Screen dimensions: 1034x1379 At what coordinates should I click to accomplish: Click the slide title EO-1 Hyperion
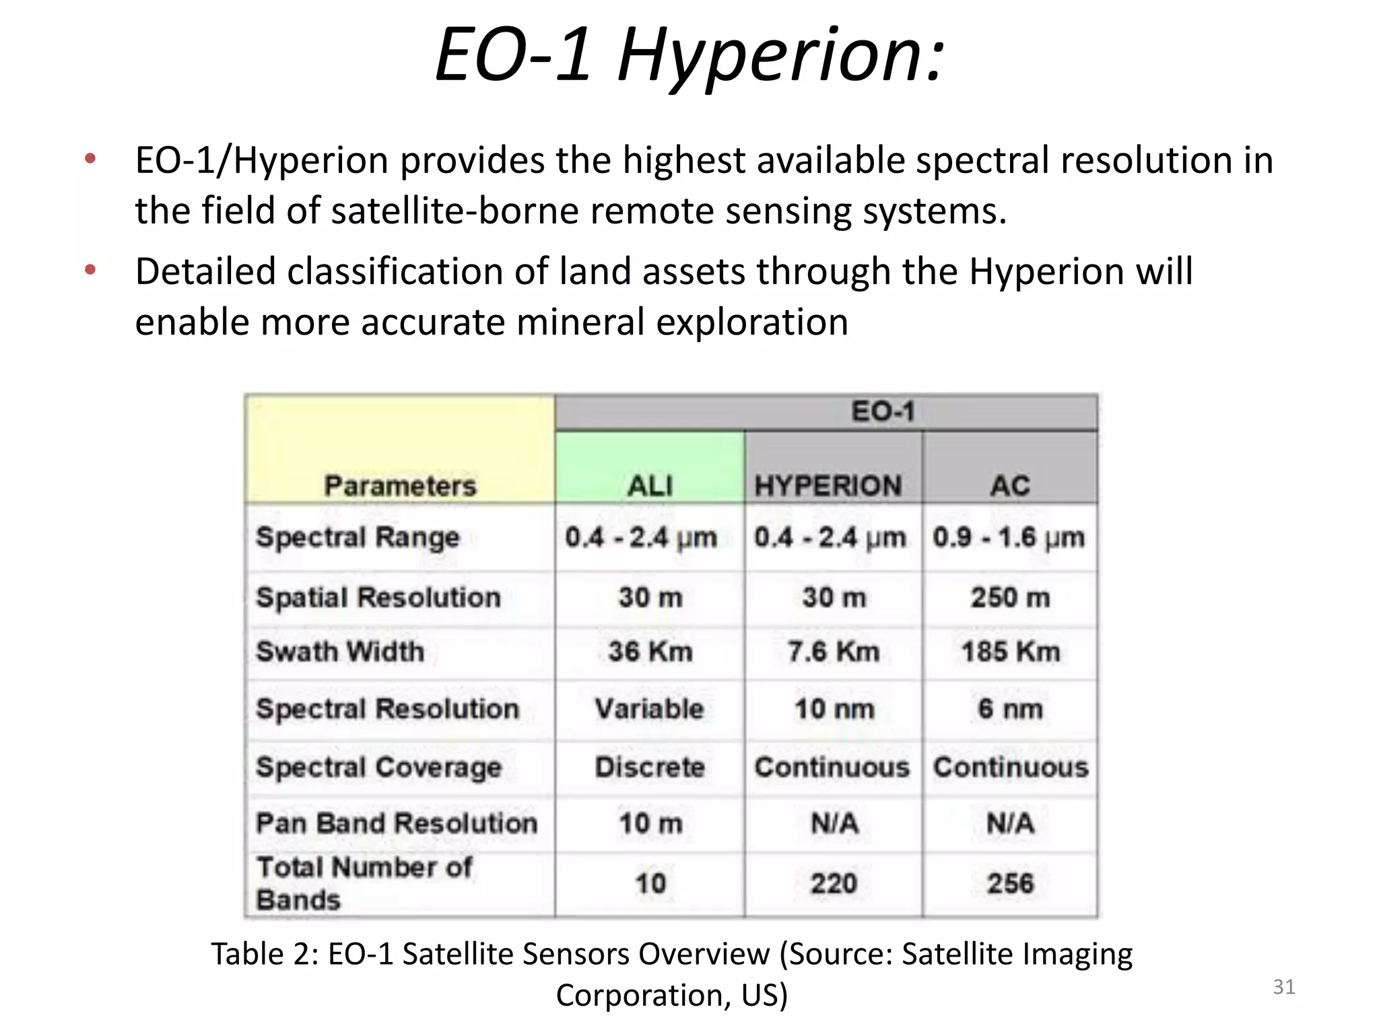(689, 55)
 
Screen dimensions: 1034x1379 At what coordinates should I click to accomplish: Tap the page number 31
(1283, 987)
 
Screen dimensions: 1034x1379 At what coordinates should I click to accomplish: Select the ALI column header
(650, 485)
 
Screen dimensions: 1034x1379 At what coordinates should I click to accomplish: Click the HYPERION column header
(828, 485)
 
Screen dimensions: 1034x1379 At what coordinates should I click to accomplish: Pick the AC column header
(1009, 485)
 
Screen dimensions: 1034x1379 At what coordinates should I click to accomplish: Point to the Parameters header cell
(400, 485)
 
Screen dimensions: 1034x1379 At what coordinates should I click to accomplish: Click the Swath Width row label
(340, 652)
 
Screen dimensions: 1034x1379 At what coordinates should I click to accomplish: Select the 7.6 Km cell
(834, 652)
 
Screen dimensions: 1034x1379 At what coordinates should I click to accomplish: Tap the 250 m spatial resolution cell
(1010, 597)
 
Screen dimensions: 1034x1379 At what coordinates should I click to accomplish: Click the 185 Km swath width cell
(1010, 652)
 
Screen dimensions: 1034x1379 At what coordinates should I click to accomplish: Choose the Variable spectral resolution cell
(649, 709)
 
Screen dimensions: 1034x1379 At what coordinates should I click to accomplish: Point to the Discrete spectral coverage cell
(650, 767)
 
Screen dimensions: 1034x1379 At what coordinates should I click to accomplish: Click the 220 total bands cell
(834, 883)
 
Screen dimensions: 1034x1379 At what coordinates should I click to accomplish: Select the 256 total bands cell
(1010, 883)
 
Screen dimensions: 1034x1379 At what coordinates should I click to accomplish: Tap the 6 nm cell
(1010, 709)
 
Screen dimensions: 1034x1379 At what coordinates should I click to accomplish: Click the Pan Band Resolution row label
(397, 823)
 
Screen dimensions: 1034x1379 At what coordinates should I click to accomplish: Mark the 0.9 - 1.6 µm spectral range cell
(1009, 537)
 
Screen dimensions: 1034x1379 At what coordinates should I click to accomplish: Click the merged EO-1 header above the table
(883, 411)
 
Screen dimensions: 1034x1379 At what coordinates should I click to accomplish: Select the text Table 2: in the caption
(265, 954)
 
